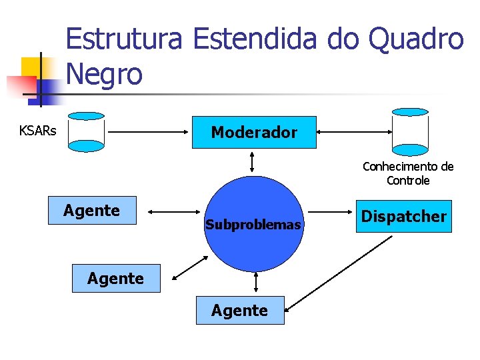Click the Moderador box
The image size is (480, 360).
[x=254, y=132]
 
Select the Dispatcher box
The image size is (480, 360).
[x=403, y=216]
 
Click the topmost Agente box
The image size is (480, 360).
[x=92, y=211]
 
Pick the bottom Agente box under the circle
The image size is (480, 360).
[x=239, y=310]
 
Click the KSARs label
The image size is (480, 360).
[x=38, y=131]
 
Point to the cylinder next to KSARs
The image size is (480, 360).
[x=87, y=132]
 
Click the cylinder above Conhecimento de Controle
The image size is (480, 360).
[x=409, y=131]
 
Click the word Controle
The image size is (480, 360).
[x=407, y=181]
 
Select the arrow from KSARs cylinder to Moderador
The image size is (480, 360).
[x=149, y=132]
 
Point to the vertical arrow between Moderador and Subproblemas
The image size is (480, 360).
[x=252, y=161]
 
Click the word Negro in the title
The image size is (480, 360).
[x=105, y=74]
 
